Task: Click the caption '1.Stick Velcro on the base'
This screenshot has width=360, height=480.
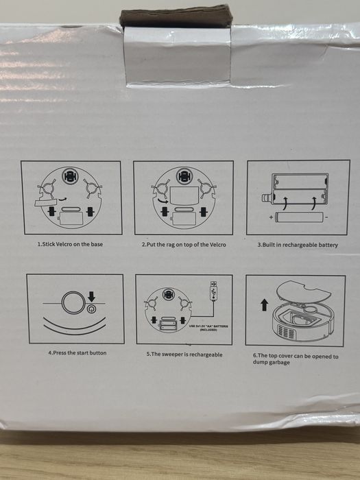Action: tap(71, 244)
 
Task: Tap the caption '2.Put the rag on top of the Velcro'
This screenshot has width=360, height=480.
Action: tap(183, 244)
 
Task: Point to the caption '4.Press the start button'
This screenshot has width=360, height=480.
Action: tap(77, 352)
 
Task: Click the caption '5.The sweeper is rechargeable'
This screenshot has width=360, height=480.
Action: tap(184, 355)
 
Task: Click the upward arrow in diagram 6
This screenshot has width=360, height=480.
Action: tap(264, 304)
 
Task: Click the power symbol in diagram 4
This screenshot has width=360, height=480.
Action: tap(91, 310)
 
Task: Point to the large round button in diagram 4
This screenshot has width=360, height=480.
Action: tap(70, 304)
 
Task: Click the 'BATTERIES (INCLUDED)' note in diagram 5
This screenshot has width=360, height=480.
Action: tap(210, 328)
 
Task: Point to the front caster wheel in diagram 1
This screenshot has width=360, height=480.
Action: tap(67, 176)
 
